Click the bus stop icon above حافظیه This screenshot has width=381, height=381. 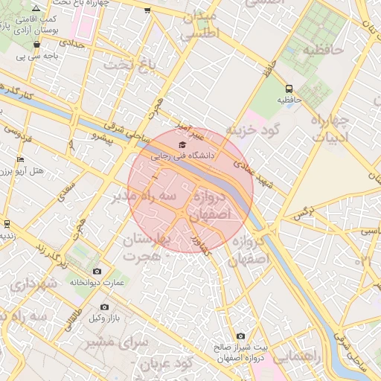[x=289, y=86]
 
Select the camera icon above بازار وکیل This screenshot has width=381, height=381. [x=104, y=307]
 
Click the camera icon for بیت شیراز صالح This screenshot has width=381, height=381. [x=240, y=336]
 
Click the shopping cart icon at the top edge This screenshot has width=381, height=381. [x=147, y=10]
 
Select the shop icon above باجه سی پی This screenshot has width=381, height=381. [x=36, y=45]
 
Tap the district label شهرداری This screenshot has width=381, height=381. [x=36, y=284]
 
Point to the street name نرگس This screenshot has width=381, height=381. [x=301, y=214]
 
